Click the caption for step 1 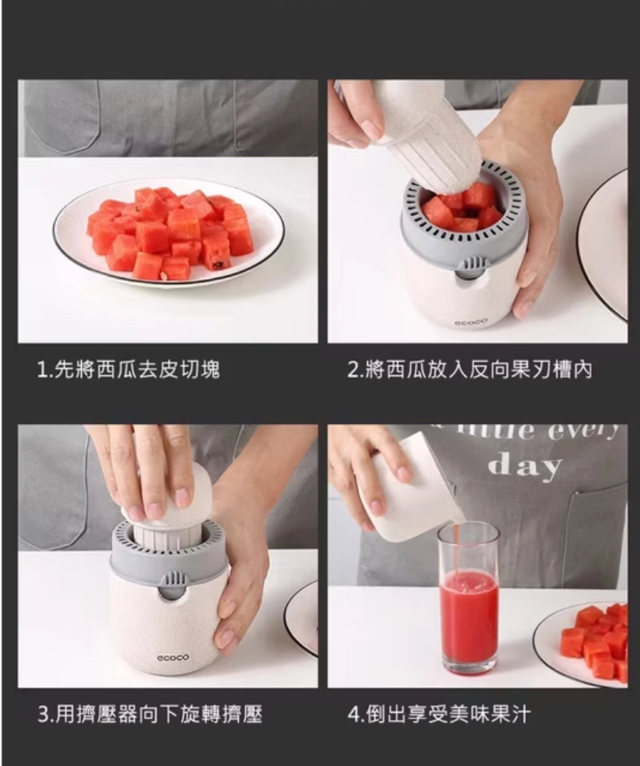[x=129, y=370]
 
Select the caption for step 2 [x=470, y=370]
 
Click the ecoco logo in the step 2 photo [x=471, y=322]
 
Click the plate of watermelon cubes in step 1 [x=169, y=235]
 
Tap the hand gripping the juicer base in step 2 [x=528, y=220]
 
